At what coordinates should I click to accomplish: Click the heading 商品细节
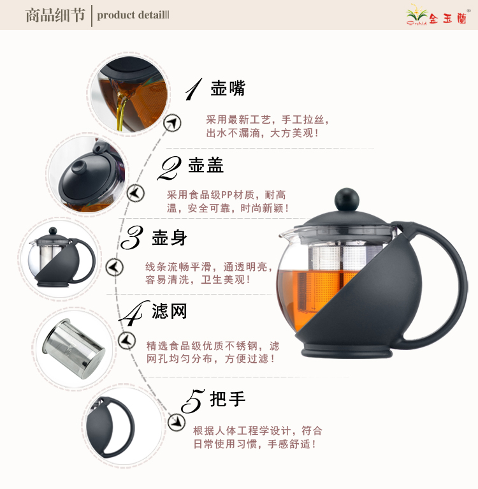coord(55,15)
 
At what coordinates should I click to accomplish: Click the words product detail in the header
coord(133,15)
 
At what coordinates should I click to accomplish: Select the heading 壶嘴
coord(228,88)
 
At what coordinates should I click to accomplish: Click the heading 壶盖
coord(206,165)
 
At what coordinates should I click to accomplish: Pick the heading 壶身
coord(170,238)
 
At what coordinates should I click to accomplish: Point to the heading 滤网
coord(170,311)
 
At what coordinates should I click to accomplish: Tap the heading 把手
coord(228,398)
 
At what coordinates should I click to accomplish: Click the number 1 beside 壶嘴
coord(194,89)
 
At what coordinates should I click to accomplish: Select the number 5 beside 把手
coord(192,401)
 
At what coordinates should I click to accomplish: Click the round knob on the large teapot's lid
coord(347,200)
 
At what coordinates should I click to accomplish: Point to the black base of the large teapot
coord(347,351)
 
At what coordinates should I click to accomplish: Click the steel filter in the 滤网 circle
coord(74,348)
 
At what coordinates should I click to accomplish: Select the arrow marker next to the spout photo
coord(172,123)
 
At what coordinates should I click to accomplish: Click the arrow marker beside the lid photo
coord(136,193)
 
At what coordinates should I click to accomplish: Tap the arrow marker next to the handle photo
coord(177,422)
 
